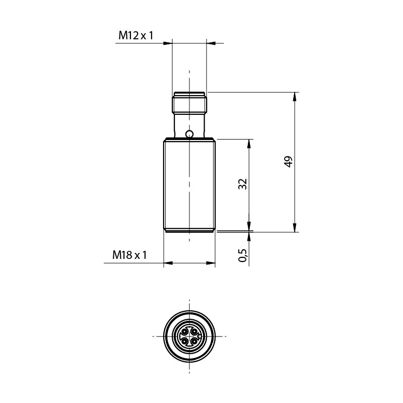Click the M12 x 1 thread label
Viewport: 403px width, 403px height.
tap(136, 35)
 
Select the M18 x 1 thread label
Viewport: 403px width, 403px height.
tap(129, 255)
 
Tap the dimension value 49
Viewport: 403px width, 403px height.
tap(288, 162)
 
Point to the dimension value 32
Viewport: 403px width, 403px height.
tap(243, 184)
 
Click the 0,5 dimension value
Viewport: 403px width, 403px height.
tap(243, 255)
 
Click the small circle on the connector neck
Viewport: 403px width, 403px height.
tap(189, 134)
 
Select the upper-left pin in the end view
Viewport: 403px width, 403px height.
tap(184, 331)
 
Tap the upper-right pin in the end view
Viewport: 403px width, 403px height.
tap(194, 331)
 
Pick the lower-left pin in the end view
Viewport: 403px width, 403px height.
tap(184, 341)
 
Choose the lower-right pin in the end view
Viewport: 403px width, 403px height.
tap(194, 341)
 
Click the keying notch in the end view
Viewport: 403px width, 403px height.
tap(199, 337)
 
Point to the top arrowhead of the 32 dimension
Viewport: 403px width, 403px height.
tap(249, 143)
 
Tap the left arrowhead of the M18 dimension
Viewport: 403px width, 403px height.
tap(167, 263)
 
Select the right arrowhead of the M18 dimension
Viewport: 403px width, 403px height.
tap(212, 263)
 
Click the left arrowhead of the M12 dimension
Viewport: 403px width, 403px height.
tap(168, 43)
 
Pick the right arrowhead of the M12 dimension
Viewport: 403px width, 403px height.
tap(210, 43)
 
